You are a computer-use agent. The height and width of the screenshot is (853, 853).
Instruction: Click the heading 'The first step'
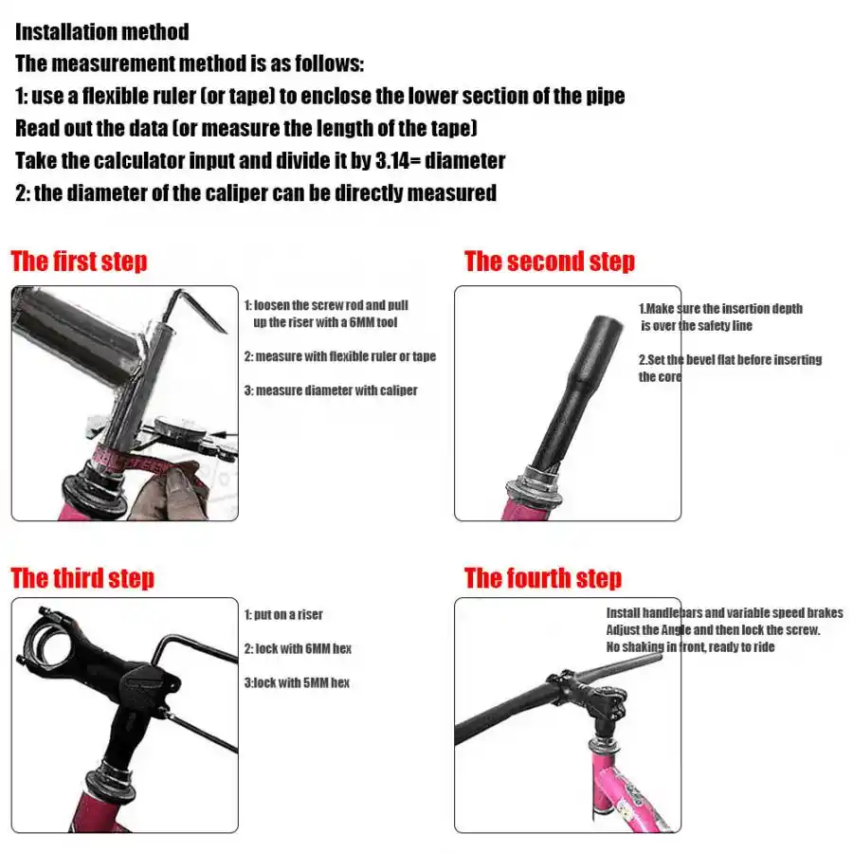point(80,261)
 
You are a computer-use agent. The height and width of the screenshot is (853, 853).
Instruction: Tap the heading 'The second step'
point(550,261)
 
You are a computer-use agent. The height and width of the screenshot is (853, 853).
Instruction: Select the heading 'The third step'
point(82,577)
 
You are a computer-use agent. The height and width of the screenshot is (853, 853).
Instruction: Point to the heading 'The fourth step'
point(543,577)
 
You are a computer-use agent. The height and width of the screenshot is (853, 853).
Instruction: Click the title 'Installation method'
point(102,32)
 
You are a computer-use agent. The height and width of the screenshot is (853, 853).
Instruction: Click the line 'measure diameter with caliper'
point(331,390)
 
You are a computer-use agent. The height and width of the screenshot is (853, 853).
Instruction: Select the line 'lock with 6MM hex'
point(298,648)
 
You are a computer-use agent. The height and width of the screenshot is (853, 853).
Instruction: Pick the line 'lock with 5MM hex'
point(297,682)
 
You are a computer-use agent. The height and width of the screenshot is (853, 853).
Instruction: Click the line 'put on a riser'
point(283,614)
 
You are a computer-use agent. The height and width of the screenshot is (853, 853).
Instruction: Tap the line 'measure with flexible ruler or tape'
point(340,356)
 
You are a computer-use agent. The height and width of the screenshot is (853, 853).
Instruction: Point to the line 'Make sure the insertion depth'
point(720,308)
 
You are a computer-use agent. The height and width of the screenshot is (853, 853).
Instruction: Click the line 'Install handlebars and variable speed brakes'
point(724,613)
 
